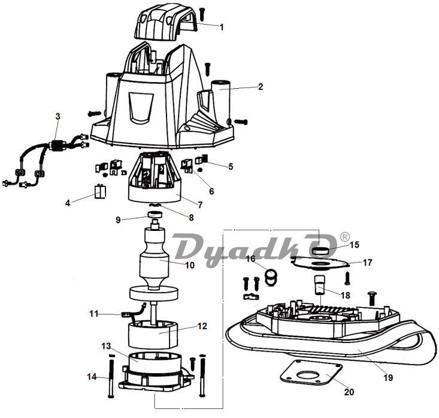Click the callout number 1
point(222,27)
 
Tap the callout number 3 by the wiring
point(57,116)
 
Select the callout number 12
point(202,326)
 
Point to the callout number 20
point(349,392)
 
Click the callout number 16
point(250,258)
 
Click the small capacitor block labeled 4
point(100,191)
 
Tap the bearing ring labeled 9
point(155,215)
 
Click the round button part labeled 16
point(271,276)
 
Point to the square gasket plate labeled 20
point(311,372)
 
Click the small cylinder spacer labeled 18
point(319,284)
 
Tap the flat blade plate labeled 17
point(319,263)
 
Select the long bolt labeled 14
point(111,375)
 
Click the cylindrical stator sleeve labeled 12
point(153,334)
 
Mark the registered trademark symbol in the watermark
point(345,237)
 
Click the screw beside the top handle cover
point(202,14)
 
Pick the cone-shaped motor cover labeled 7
point(156,177)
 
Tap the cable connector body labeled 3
point(58,146)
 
